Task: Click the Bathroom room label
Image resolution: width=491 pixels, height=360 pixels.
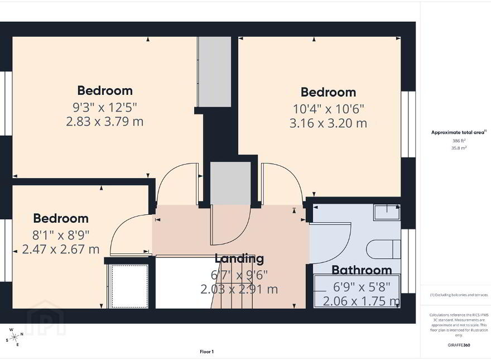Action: (362, 270)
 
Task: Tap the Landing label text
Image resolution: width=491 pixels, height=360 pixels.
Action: (239, 258)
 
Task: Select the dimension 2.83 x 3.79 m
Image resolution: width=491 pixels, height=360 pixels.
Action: (104, 121)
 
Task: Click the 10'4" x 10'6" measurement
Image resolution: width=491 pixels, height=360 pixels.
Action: (329, 109)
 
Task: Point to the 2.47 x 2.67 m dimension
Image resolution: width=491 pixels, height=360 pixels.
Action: (61, 249)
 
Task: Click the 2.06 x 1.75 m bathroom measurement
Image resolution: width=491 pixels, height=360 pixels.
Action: (362, 301)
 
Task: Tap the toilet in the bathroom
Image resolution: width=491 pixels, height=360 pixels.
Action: (383, 249)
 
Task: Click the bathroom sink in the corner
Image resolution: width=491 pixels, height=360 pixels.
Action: (387, 212)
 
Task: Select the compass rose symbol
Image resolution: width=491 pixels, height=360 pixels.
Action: (14, 337)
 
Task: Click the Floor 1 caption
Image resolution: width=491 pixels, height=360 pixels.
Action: (206, 352)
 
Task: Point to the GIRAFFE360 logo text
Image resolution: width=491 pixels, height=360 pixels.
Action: (459, 345)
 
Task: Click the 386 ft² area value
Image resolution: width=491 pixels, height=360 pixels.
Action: (459, 141)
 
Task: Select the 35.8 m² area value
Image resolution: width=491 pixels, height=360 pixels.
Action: (459, 148)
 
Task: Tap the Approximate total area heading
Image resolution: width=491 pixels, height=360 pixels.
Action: (459, 132)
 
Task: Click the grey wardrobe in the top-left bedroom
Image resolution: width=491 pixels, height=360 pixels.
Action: (215, 72)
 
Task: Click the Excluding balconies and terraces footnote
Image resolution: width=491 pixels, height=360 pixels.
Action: (459, 295)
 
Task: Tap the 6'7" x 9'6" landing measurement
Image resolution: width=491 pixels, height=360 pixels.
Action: (239, 275)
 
